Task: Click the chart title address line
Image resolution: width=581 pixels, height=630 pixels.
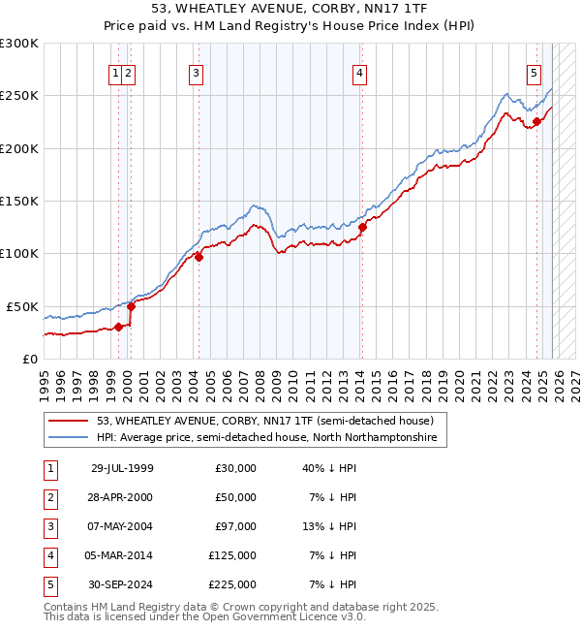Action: click(x=290, y=8)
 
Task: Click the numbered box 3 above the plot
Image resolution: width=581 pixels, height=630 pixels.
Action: click(x=196, y=72)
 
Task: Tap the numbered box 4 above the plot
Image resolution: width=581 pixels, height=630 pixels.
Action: click(x=359, y=72)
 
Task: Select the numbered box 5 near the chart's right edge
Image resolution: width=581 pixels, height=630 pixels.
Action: click(x=534, y=72)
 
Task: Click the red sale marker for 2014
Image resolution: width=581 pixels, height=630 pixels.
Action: click(x=362, y=228)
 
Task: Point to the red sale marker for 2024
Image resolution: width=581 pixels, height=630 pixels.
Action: click(x=536, y=122)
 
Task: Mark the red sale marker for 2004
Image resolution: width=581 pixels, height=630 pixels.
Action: click(x=199, y=257)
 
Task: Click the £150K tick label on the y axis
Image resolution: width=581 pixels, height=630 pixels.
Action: click(x=18, y=201)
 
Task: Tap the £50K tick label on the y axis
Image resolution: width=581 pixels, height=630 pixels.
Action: click(x=22, y=306)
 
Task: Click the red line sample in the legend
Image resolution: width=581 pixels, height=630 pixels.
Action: click(x=70, y=422)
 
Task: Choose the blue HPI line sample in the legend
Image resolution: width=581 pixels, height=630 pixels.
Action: click(x=70, y=438)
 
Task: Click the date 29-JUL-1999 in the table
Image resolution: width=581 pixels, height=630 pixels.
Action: click(x=122, y=468)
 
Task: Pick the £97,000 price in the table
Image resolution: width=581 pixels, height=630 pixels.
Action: click(x=235, y=526)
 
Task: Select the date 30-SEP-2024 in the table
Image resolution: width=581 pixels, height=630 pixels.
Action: click(x=122, y=584)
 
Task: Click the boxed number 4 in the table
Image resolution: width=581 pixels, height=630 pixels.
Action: click(x=48, y=555)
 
